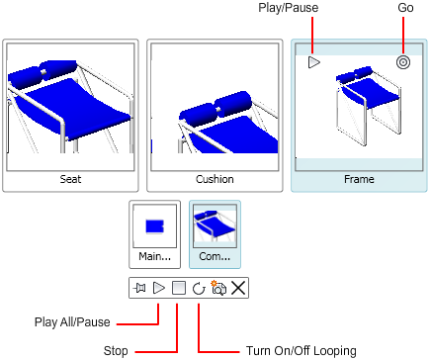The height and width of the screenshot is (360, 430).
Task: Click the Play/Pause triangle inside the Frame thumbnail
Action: pyautogui.click(x=313, y=62)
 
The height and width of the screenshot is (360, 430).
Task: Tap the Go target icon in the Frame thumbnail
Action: pyautogui.click(x=403, y=62)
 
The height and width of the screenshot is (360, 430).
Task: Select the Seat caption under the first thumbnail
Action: pyautogui.click(x=70, y=179)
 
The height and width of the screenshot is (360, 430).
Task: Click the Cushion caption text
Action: pyautogui.click(x=215, y=179)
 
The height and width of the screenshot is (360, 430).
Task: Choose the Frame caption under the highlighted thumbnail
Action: pyautogui.click(x=359, y=179)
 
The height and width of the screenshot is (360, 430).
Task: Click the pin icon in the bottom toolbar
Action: pyautogui.click(x=139, y=288)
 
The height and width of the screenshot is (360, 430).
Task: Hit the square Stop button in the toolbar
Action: pyautogui.click(x=179, y=288)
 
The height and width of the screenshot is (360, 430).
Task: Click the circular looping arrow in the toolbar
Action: pyautogui.click(x=199, y=289)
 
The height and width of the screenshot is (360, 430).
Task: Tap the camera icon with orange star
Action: pyautogui.click(x=218, y=288)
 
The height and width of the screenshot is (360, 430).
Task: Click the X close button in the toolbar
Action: pyautogui.click(x=238, y=288)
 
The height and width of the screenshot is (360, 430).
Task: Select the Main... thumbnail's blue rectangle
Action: pyautogui.click(x=154, y=226)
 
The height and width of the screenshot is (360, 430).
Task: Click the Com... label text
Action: pyautogui.click(x=215, y=256)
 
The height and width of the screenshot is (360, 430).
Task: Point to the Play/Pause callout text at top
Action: pyautogui.click(x=289, y=8)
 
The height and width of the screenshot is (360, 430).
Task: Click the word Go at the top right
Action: pyautogui.click(x=405, y=7)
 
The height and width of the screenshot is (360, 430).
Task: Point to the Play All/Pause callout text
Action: pyautogui.click(x=72, y=322)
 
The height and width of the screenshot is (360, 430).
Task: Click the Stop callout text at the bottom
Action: pyautogui.click(x=116, y=351)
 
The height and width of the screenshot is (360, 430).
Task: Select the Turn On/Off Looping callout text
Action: pyautogui.click(x=301, y=351)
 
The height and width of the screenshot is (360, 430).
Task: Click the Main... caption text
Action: pyautogui.click(x=154, y=256)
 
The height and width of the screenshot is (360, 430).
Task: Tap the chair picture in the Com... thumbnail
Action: pyautogui.click(x=215, y=225)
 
